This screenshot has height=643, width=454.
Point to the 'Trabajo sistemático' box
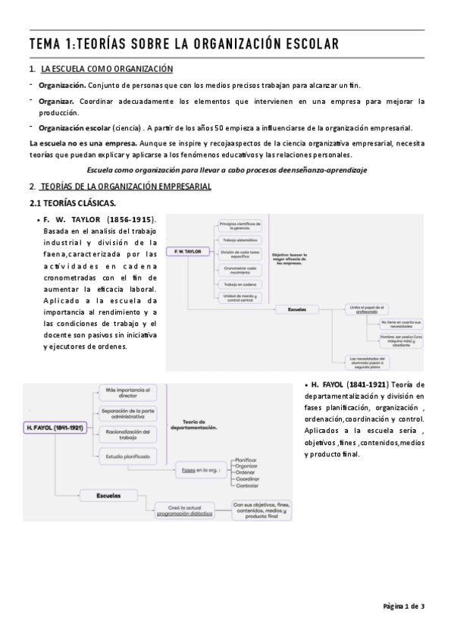click(x=240, y=240)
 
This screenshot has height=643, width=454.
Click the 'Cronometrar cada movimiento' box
click(x=240, y=269)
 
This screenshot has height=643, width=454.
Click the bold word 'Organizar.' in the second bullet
click(x=57, y=100)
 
